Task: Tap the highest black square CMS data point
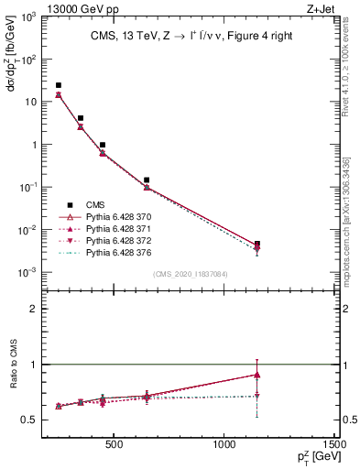pyautogui.click(x=59, y=85)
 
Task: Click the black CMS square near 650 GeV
pyautogui.click(x=147, y=180)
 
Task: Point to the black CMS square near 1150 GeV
pyautogui.click(x=257, y=244)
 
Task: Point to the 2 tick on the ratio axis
pyautogui.click(x=34, y=309)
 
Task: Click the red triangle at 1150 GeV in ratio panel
pyautogui.click(x=257, y=375)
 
